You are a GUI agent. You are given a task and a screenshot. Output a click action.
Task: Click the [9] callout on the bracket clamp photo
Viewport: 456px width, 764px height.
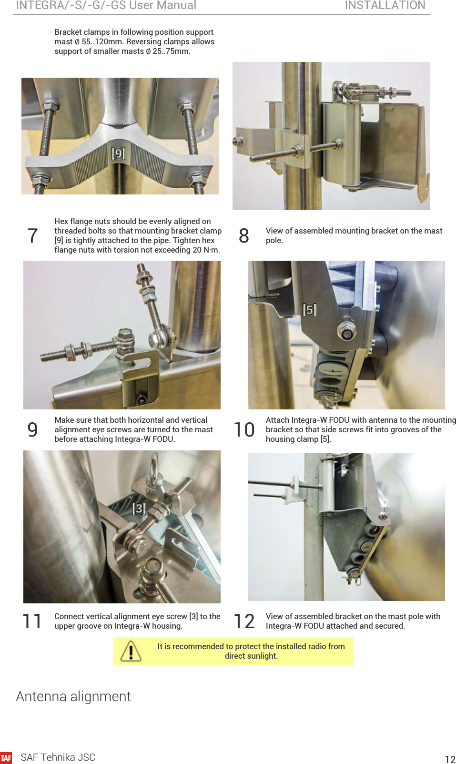point(118,153)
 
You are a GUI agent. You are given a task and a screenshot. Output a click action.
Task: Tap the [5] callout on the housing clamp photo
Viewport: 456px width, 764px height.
point(310,310)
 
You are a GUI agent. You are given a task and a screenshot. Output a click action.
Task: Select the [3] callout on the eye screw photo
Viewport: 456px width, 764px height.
point(139,509)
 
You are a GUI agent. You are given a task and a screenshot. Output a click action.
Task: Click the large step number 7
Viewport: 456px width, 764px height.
point(32,235)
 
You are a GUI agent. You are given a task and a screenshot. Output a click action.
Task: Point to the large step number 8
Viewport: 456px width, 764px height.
point(244,235)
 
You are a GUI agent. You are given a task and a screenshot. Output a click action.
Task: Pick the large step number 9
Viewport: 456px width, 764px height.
point(32,429)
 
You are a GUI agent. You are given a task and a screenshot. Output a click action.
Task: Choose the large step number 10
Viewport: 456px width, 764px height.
point(244,429)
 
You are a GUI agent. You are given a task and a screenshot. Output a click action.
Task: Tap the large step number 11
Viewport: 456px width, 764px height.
point(32,621)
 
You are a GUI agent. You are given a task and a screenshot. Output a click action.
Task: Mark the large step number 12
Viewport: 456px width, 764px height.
point(244,621)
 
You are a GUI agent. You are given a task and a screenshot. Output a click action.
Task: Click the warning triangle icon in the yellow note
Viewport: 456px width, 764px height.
point(131,651)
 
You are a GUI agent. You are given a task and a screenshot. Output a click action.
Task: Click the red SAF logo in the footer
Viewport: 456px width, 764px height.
point(6,758)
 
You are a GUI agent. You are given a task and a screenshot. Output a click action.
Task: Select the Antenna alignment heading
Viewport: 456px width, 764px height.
point(73,696)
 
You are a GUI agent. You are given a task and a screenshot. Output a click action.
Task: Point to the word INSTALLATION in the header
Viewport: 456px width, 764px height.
point(385,5)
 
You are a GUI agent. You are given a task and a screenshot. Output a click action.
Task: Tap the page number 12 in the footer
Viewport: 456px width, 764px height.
point(450,759)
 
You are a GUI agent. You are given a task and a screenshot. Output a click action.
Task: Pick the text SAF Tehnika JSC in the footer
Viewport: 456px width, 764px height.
point(58,757)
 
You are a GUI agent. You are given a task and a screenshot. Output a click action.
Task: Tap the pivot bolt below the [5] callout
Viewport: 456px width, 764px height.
point(347,330)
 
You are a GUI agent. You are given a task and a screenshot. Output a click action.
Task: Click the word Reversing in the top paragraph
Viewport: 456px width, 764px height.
point(142,41)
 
